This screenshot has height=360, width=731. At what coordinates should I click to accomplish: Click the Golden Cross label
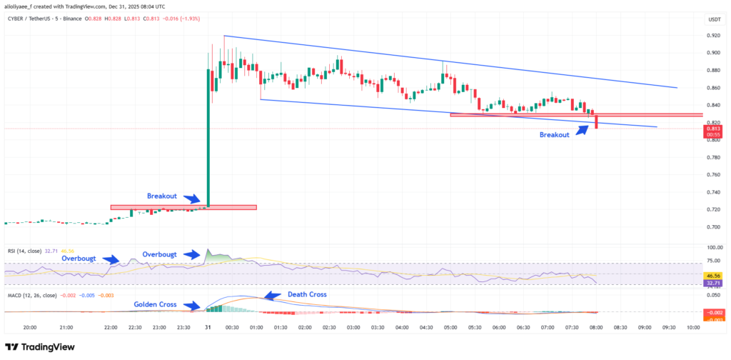pos(155,304)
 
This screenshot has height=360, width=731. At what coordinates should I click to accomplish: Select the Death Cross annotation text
pos(307,294)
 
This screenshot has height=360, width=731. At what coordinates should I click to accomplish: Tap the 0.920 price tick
pos(714,35)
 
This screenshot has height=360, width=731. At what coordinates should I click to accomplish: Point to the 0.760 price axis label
pos(714,175)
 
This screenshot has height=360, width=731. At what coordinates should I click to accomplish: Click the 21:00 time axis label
pos(66,328)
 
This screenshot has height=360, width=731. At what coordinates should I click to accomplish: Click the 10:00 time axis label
pos(692,328)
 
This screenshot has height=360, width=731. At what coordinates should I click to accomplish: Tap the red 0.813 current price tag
pos(714,129)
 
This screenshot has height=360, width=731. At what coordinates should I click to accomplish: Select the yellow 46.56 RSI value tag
pos(714,274)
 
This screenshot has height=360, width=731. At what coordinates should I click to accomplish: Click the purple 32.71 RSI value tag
pos(714,284)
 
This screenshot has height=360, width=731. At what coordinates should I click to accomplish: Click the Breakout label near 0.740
pos(162,195)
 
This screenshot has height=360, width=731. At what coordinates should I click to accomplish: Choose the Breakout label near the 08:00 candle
pos(554,135)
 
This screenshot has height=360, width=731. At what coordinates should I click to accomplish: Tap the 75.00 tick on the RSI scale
pos(714,261)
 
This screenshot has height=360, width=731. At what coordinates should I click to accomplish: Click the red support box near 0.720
pos(183,207)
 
